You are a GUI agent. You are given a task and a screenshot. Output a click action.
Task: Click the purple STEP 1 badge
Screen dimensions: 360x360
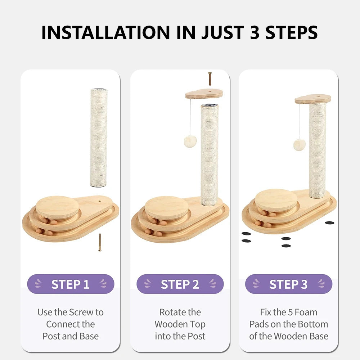pyautogui.click(x=71, y=284)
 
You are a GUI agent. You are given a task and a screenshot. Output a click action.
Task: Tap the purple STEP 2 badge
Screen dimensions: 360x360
pyautogui.click(x=180, y=284)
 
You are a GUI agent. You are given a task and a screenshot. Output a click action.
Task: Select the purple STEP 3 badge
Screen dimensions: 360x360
pyautogui.click(x=289, y=284)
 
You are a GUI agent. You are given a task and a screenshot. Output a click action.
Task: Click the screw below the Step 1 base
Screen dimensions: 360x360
pyautogui.click(x=100, y=242)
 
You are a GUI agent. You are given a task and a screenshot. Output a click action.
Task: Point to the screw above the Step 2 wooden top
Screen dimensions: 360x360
pyautogui.click(x=210, y=79)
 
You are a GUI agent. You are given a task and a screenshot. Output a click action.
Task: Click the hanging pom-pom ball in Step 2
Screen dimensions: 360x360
pyautogui.click(x=190, y=141)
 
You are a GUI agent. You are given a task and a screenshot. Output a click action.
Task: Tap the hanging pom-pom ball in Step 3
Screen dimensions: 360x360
pyautogui.click(x=300, y=145)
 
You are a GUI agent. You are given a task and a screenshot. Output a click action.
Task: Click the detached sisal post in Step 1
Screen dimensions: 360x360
pyautogui.click(x=99, y=138)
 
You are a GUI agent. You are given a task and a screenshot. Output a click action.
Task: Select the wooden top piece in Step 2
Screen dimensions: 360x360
pyautogui.click(x=204, y=94)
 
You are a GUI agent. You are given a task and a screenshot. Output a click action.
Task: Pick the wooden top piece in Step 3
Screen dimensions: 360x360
pyautogui.click(x=313, y=99)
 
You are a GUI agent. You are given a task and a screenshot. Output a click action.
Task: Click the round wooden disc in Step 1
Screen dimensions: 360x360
pyautogui.click(x=57, y=207)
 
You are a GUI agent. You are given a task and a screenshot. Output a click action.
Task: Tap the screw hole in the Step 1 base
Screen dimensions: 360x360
pyautogui.click(x=99, y=201)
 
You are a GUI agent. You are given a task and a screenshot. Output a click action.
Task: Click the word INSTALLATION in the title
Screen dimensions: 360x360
pyautogui.click(x=105, y=32)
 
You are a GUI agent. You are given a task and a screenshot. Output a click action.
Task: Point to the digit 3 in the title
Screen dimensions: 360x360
pyautogui.click(x=255, y=32)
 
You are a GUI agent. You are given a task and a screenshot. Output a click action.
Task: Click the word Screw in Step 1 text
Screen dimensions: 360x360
pyautogui.click(x=81, y=312)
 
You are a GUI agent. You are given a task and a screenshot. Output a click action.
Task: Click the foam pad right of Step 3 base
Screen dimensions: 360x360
pyautogui.click(x=329, y=223)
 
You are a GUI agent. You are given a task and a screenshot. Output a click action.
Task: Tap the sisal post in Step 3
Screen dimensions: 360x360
pyautogui.click(x=318, y=150)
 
